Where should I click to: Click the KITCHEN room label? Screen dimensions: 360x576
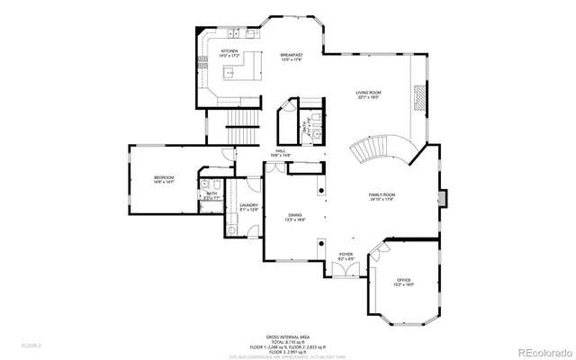(230, 52)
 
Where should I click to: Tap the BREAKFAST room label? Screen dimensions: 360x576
(291, 56)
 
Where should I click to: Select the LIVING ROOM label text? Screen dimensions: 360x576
(367, 94)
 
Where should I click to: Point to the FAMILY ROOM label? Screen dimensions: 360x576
(383, 195)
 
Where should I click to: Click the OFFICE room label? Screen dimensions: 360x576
(402, 281)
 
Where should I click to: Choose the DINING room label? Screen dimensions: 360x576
(295, 216)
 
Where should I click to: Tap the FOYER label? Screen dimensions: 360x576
(346, 256)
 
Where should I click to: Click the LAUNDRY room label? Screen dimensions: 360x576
(249, 206)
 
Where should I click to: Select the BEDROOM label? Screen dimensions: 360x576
(163, 178)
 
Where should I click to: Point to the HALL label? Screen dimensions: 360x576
(282, 152)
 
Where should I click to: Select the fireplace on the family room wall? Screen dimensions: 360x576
(441, 196)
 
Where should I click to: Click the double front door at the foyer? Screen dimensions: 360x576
(345, 276)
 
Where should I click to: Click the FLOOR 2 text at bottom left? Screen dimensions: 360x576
(31, 345)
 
